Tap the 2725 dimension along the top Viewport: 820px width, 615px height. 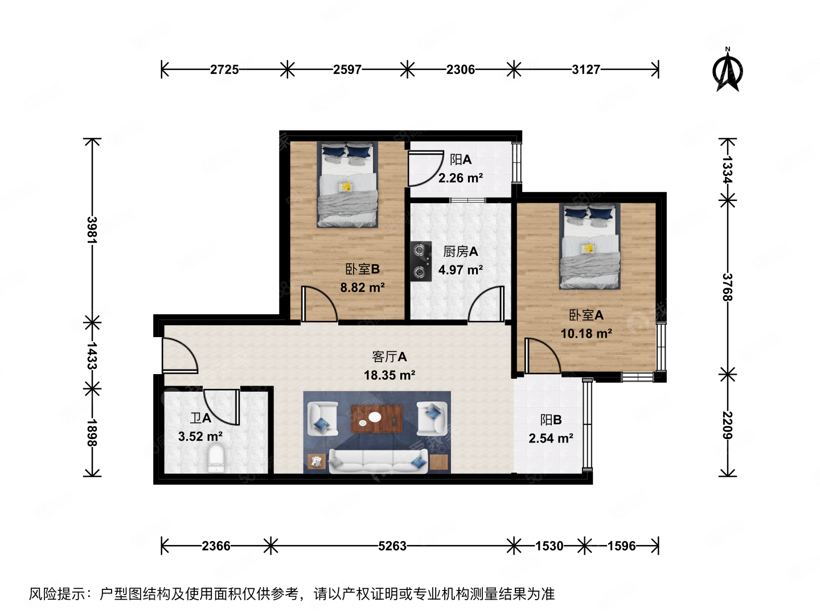tap(224, 69)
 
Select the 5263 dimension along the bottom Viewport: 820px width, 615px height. tap(392, 546)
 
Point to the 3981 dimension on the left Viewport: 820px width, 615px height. tap(92, 229)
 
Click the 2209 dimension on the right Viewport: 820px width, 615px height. tap(727, 425)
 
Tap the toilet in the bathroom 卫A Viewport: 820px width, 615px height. tap(216, 458)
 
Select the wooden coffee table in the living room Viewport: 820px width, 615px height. tap(376, 419)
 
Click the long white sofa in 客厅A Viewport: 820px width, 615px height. tap(378, 461)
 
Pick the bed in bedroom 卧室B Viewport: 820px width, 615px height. tap(347, 185)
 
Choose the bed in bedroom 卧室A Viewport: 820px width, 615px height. tap(589, 247)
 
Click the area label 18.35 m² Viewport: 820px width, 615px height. tap(389, 375)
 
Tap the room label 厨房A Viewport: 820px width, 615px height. tap(460, 251)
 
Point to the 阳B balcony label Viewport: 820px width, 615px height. tap(551, 420)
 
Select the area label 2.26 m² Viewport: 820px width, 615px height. tap(461, 178)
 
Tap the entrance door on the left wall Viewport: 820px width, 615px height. tap(179, 355)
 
